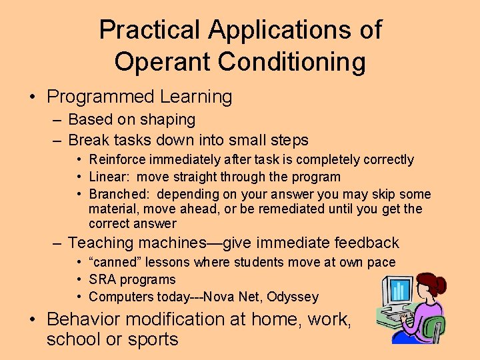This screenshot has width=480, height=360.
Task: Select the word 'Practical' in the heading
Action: (149, 30)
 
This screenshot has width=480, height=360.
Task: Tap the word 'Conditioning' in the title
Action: (291, 62)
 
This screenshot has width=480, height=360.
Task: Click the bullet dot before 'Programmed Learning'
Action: (33, 97)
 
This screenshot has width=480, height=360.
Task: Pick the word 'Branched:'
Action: (117, 195)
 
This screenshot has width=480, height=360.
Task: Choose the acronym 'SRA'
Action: (102, 280)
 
